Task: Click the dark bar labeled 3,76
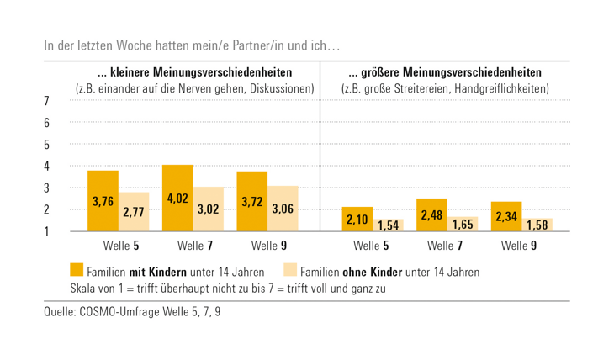point(103,201)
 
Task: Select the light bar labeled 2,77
point(134,212)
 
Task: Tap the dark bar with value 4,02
point(177,199)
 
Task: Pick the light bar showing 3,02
point(209,209)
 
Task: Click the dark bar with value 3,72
point(252,202)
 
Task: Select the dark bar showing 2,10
point(357,219)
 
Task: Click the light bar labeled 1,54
point(387,225)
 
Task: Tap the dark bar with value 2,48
point(431,215)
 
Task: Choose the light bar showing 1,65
point(462,225)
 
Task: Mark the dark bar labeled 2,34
point(506,217)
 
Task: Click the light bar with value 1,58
point(537,225)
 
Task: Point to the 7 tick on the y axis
point(46,101)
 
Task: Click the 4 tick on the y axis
point(46,166)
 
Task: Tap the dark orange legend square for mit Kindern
point(77,271)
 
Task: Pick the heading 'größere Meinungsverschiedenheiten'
point(445,72)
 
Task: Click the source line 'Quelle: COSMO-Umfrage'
point(135,313)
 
